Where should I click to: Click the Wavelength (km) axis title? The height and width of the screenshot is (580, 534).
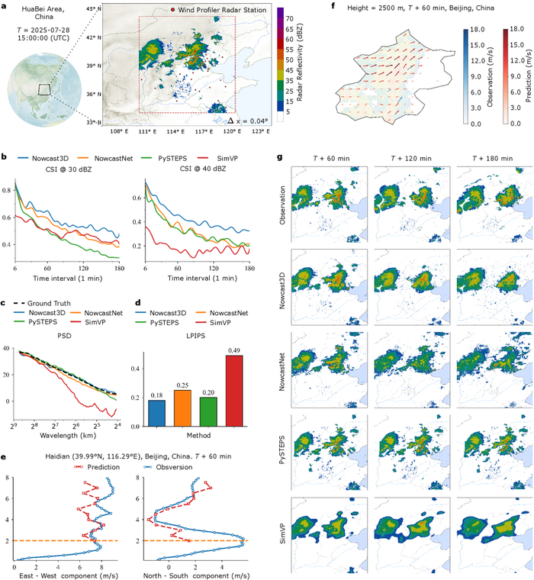click(63, 438)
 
